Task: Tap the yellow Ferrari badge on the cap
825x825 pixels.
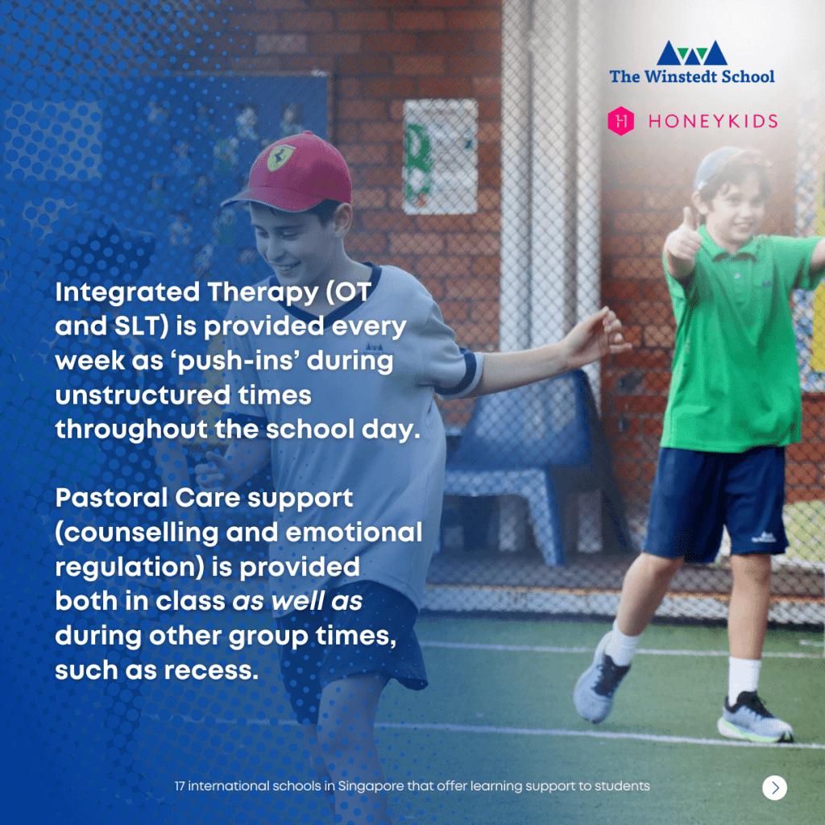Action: [x=280, y=157]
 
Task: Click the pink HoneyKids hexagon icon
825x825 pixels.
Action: [x=621, y=121]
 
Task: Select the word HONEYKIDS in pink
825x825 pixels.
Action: [x=713, y=122]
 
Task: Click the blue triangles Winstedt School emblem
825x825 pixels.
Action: [x=692, y=53]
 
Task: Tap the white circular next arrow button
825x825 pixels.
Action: [x=774, y=788]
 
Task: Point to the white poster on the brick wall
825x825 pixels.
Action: [x=441, y=157]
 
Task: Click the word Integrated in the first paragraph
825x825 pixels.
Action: [x=128, y=292]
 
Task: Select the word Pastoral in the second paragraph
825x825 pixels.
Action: [x=111, y=498]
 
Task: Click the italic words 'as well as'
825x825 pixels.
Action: [x=297, y=601]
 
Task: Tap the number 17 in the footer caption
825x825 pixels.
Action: [x=180, y=786]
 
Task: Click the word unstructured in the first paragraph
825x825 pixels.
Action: [x=143, y=396]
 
